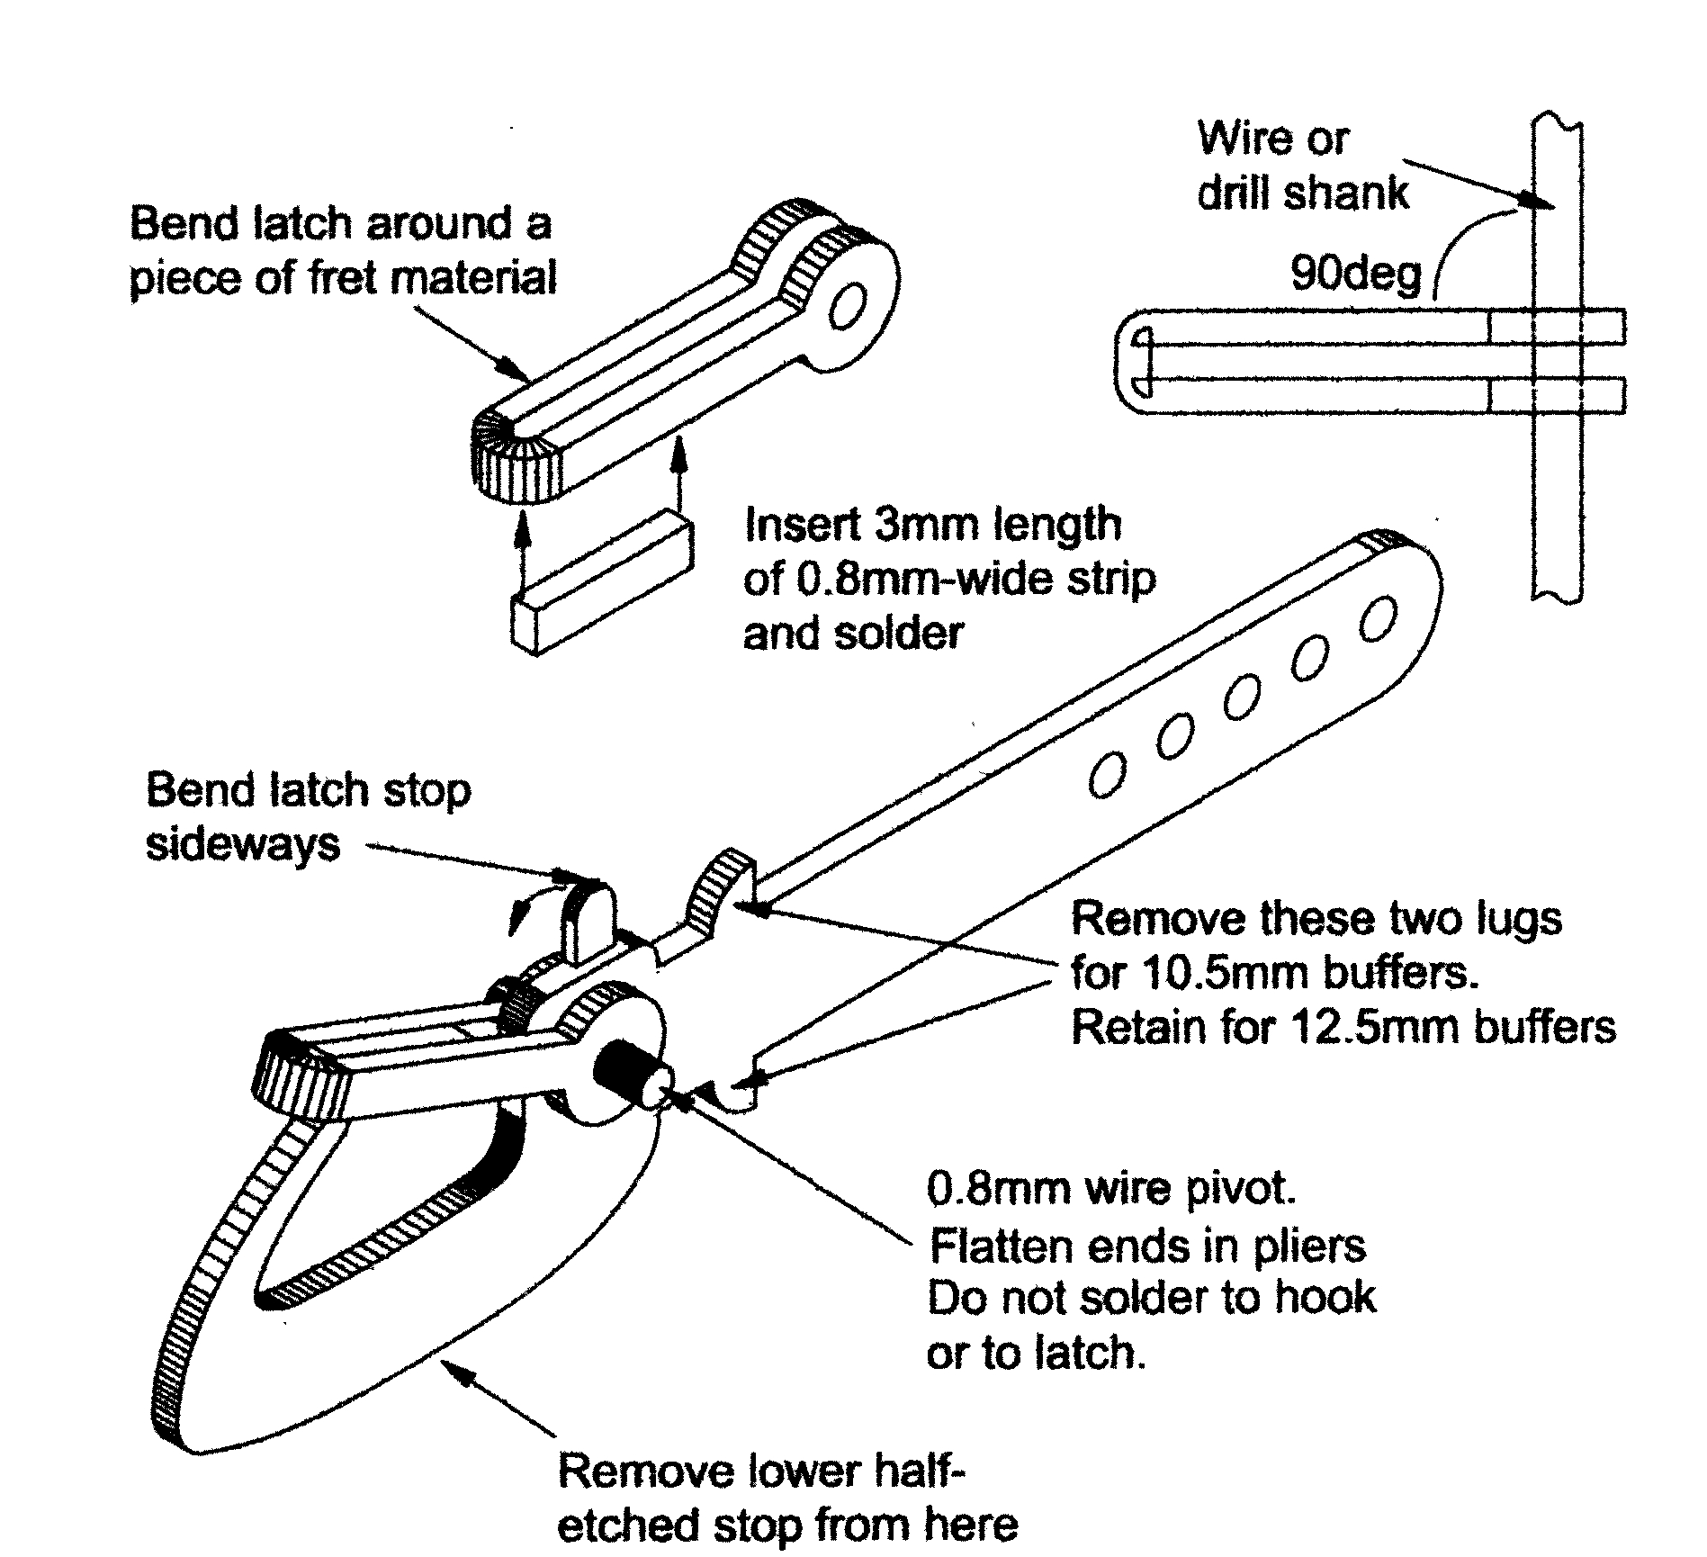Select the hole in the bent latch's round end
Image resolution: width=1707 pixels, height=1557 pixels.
[847, 309]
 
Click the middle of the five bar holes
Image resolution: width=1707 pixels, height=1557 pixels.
[1242, 697]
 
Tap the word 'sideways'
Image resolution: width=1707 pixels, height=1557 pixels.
[243, 844]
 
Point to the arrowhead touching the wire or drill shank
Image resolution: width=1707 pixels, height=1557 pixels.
[1540, 202]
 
